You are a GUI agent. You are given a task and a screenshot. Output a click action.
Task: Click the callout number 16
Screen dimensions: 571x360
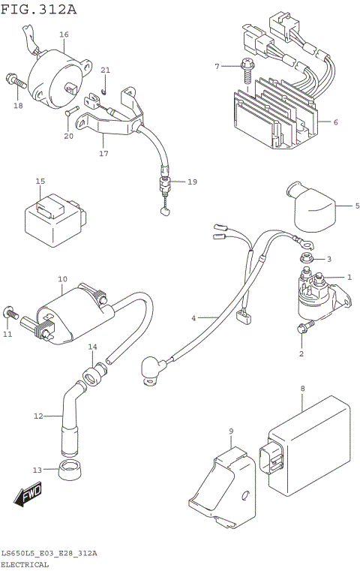point(64,35)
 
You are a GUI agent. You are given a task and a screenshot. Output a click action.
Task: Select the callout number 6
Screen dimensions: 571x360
point(335,122)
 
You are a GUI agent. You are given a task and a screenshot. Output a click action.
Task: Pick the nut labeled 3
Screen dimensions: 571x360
point(307,259)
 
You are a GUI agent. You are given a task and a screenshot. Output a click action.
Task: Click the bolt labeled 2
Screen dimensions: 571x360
point(303,326)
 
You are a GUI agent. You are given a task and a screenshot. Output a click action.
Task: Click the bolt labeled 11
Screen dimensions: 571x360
point(10,311)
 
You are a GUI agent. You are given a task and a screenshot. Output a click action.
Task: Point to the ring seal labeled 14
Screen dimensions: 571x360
point(94,371)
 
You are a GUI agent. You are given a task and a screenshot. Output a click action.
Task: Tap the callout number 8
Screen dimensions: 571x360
point(302,389)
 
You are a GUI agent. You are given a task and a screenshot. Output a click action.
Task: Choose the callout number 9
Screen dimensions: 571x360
point(232,431)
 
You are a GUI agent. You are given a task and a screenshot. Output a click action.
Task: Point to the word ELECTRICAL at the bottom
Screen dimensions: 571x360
point(25,564)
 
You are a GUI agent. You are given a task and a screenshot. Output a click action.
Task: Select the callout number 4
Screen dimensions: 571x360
point(193,318)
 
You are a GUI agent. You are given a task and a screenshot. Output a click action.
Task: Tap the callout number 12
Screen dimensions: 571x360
point(37,416)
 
